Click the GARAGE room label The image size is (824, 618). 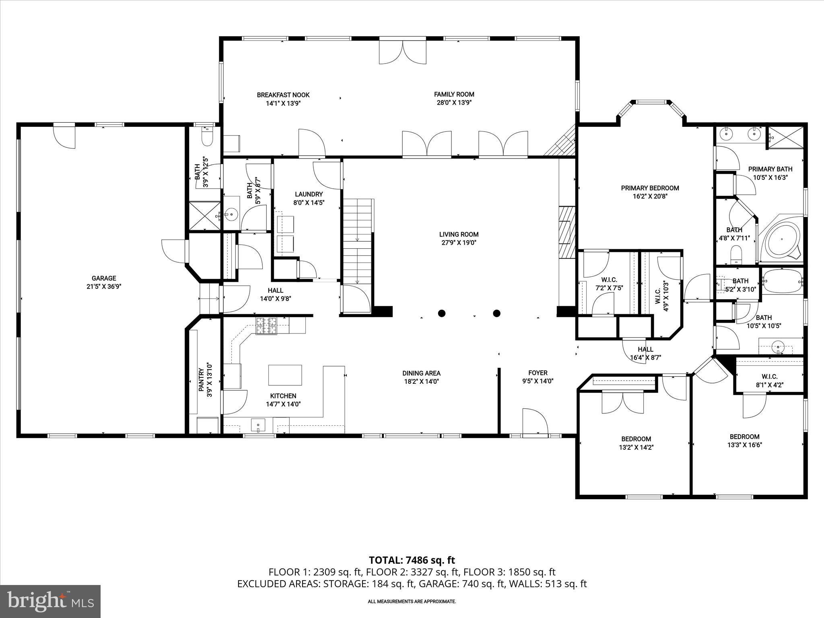coord(104,278)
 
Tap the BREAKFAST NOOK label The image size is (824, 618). coord(283,95)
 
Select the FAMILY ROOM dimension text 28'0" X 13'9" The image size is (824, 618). coord(454,103)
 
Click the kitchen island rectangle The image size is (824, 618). coord(285,375)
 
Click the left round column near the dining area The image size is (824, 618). coord(442,313)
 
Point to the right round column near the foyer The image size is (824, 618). coord(496,313)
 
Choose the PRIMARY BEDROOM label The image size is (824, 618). coord(650,188)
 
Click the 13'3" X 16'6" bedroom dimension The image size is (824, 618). coord(744,445)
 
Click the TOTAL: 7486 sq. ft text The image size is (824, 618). coord(412,560)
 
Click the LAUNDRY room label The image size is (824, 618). coord(309,194)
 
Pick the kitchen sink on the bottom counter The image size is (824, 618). coord(258,424)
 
